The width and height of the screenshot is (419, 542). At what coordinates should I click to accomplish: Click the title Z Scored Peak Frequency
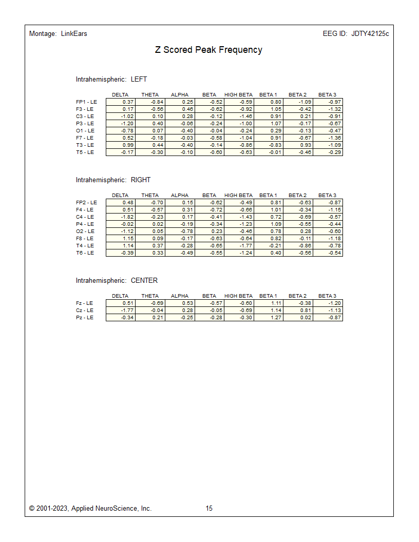point(208,50)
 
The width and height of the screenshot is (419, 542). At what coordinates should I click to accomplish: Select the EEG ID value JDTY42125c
point(370,34)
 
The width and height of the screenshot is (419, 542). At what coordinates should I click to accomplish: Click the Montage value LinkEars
point(73,34)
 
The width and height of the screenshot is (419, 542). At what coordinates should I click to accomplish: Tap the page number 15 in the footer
point(209,509)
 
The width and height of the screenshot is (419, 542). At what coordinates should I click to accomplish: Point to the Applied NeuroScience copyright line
point(90,509)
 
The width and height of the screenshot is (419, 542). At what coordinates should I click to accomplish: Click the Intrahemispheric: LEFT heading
point(111,80)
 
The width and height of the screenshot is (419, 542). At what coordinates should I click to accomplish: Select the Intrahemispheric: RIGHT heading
point(113,180)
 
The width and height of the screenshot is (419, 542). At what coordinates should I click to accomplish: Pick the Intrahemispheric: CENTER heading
point(117,281)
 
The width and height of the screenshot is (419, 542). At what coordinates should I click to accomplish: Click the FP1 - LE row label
point(86,102)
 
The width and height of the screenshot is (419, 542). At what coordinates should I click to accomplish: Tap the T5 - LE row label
point(85,152)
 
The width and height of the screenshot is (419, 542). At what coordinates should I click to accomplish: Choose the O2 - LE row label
point(85,231)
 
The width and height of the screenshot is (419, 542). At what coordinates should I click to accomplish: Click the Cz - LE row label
point(84,311)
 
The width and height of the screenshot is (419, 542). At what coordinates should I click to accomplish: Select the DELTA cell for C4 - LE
point(121,217)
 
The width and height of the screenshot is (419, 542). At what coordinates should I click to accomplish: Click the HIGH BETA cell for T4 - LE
point(239,246)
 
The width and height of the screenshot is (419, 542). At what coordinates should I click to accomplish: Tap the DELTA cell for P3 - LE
point(121,124)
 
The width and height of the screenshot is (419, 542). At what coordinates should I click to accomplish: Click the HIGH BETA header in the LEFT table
point(238,95)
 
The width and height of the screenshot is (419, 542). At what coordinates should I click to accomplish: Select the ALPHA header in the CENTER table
point(180,296)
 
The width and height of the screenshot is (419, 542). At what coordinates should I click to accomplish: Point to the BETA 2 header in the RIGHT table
point(297,196)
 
